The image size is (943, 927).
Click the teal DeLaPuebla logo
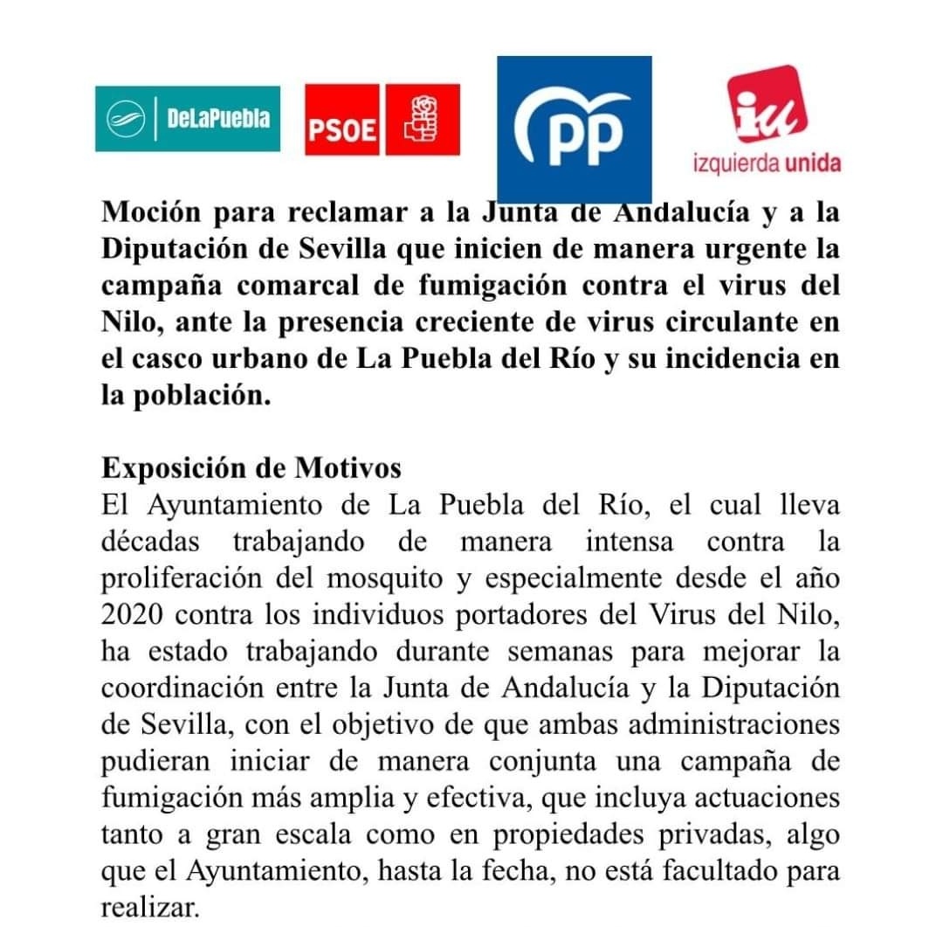(x=188, y=119)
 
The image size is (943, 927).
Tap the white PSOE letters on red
(x=342, y=131)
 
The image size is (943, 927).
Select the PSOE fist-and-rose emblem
(x=423, y=120)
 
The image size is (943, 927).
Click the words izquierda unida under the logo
(x=767, y=164)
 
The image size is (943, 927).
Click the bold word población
(x=197, y=396)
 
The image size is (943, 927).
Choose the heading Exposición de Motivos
(x=251, y=468)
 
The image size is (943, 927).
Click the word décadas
(x=151, y=542)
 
